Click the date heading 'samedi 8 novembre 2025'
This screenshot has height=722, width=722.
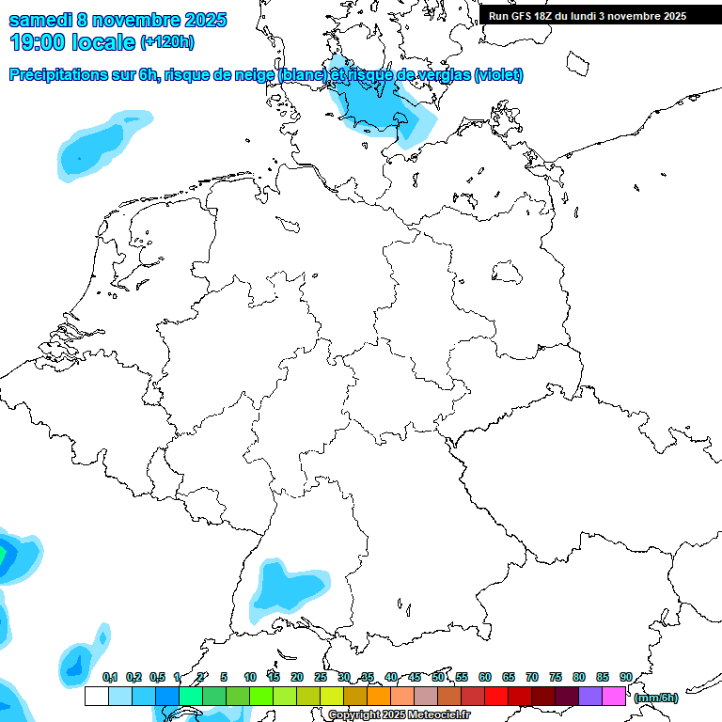[118, 20]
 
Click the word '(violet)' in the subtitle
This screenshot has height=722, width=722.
[498, 75]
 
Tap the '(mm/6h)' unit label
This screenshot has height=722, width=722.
[656, 698]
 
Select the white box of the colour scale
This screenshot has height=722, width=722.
[96, 696]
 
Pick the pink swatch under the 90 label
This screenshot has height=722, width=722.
[614, 696]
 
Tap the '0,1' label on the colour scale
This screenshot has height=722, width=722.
[110, 677]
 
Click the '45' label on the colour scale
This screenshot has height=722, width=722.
[415, 677]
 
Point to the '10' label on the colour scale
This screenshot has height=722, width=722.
[250, 677]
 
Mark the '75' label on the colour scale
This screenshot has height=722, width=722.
[556, 677]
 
